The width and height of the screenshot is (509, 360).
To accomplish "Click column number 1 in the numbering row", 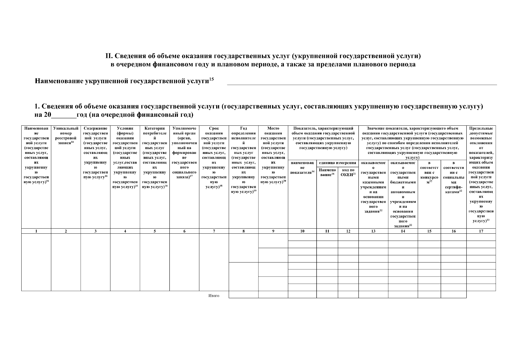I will (x=36, y=231).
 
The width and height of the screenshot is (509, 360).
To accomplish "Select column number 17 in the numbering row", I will (x=481, y=231).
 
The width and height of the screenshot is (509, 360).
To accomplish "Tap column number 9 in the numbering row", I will (x=273, y=231).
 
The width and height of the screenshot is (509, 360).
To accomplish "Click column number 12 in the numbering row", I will (x=348, y=231).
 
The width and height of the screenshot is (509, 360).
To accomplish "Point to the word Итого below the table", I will (x=214, y=296).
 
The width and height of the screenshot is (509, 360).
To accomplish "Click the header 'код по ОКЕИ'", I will (x=348, y=172).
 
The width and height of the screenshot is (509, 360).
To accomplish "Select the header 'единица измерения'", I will (x=338, y=163).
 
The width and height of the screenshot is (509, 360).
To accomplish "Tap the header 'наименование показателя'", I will (x=302, y=168).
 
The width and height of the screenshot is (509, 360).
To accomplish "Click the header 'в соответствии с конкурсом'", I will (x=429, y=172).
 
